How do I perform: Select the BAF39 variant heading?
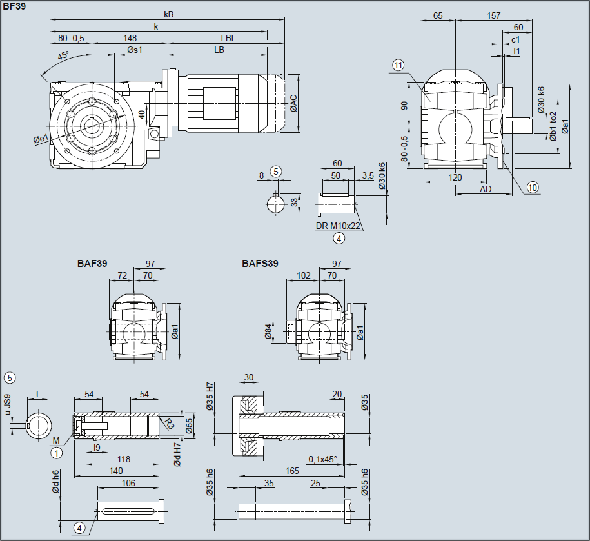(x=92, y=263)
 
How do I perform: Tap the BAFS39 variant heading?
(x=261, y=263)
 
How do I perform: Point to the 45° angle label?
(x=63, y=56)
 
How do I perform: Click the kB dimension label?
(x=168, y=14)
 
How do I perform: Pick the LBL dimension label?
(x=228, y=38)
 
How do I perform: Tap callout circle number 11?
(x=398, y=64)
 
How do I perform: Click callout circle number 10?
(x=532, y=188)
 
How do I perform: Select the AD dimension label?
(x=486, y=189)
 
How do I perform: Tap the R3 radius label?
(x=168, y=424)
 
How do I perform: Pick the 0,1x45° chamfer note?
(x=322, y=459)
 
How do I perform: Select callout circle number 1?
(x=57, y=453)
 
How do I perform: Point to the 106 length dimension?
(x=128, y=484)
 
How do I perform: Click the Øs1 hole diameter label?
(x=135, y=50)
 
